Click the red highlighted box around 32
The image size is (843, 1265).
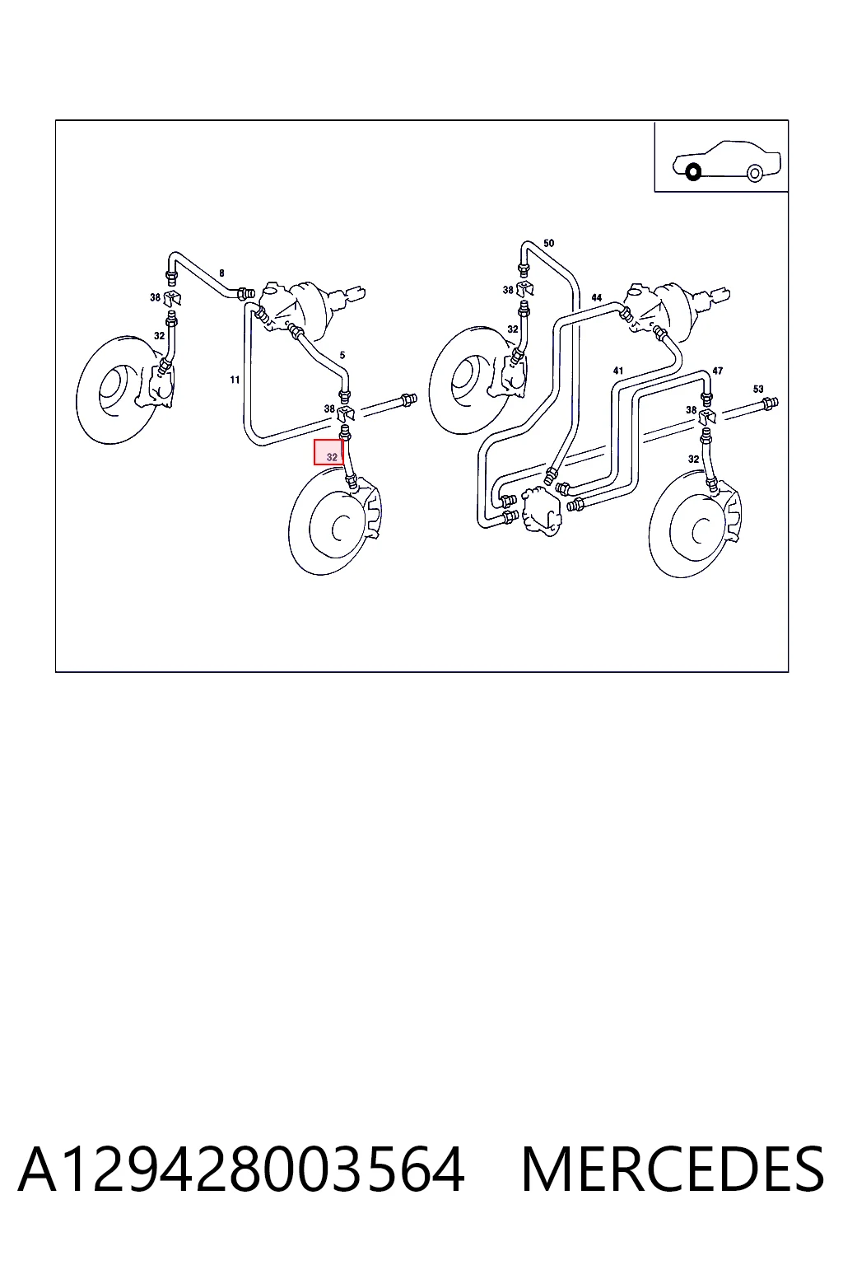tap(328, 452)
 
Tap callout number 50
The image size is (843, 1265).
tap(549, 244)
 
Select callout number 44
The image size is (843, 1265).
tap(597, 297)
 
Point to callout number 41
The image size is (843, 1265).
tap(618, 371)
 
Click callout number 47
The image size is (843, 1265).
tap(717, 371)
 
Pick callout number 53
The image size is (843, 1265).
tap(758, 389)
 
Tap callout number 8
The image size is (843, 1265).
tap(222, 273)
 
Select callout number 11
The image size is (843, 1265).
tap(235, 380)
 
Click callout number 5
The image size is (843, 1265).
tap(342, 355)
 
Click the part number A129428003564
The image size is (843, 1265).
tap(242, 1170)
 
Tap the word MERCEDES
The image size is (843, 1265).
tap(673, 1170)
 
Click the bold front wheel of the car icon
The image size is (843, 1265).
tap(693, 171)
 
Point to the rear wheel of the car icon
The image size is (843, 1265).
tap(755, 173)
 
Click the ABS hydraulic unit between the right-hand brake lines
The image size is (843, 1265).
tap(541, 510)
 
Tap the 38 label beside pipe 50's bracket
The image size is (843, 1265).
tap(508, 290)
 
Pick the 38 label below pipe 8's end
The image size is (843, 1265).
tap(156, 297)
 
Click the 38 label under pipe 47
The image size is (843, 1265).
tap(692, 410)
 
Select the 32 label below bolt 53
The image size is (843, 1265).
tap(693, 459)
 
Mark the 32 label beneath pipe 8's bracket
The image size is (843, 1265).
tap(159, 335)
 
